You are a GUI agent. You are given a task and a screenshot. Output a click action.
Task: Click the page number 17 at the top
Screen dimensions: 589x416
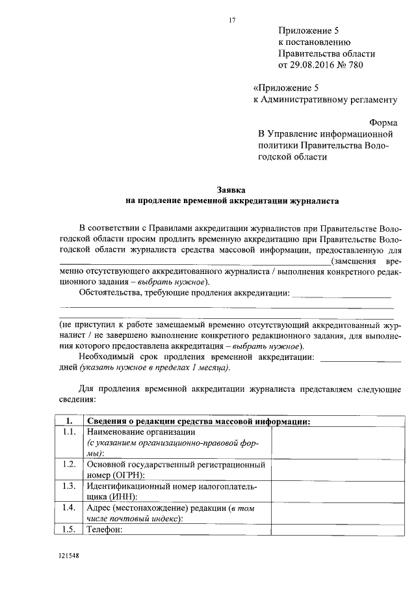click(231, 20)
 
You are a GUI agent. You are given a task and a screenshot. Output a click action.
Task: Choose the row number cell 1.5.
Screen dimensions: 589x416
click(68, 529)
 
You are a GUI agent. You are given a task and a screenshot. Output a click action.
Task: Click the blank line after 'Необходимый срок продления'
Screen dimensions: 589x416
click(361, 357)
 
